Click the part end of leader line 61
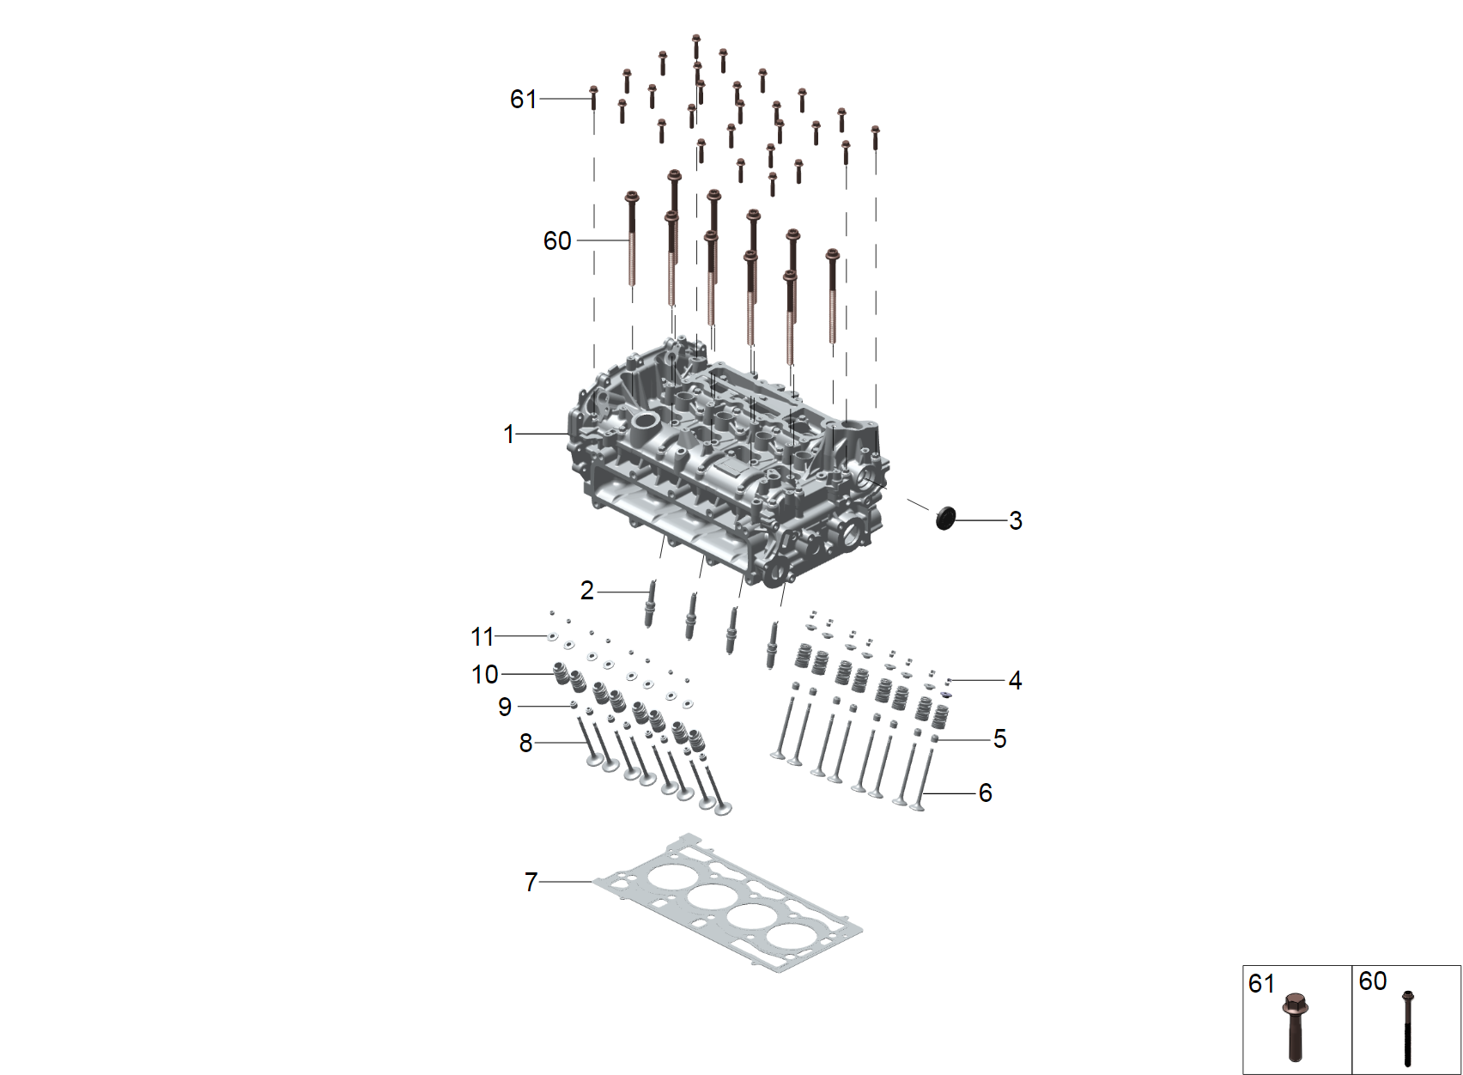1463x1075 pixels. click(x=592, y=99)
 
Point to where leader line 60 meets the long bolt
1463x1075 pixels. click(x=630, y=240)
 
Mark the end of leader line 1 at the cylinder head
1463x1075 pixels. click(x=569, y=434)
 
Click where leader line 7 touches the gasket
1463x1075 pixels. click(x=593, y=882)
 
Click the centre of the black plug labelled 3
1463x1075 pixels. click(x=945, y=517)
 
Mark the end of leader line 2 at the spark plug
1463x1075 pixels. click(x=648, y=592)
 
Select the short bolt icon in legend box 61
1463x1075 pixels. click(x=1295, y=1026)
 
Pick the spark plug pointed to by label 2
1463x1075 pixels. click(x=651, y=604)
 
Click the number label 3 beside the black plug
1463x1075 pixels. click(x=1015, y=520)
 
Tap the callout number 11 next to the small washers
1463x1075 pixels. click(x=483, y=637)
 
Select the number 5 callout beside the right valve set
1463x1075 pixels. click(x=999, y=739)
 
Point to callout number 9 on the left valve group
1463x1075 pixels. click(x=505, y=707)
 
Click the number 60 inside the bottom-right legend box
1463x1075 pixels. click(x=1372, y=981)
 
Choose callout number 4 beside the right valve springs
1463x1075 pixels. click(x=1014, y=681)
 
